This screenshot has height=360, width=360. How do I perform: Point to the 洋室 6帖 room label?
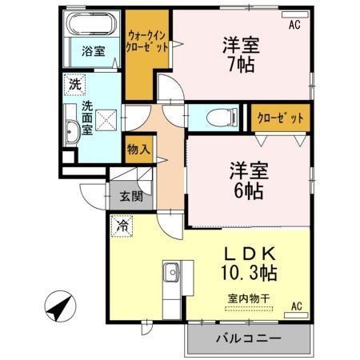point(250,181)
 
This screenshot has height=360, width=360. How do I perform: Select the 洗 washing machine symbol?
point(74,83)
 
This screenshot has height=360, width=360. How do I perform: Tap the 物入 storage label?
point(138,149)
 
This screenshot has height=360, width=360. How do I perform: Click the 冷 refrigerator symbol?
point(122,226)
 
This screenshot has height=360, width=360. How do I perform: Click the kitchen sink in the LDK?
point(172,277)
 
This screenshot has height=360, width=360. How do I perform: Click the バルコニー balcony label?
point(248,339)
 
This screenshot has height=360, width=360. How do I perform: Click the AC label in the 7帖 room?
point(294,25)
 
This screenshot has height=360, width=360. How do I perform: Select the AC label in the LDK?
point(295,306)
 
